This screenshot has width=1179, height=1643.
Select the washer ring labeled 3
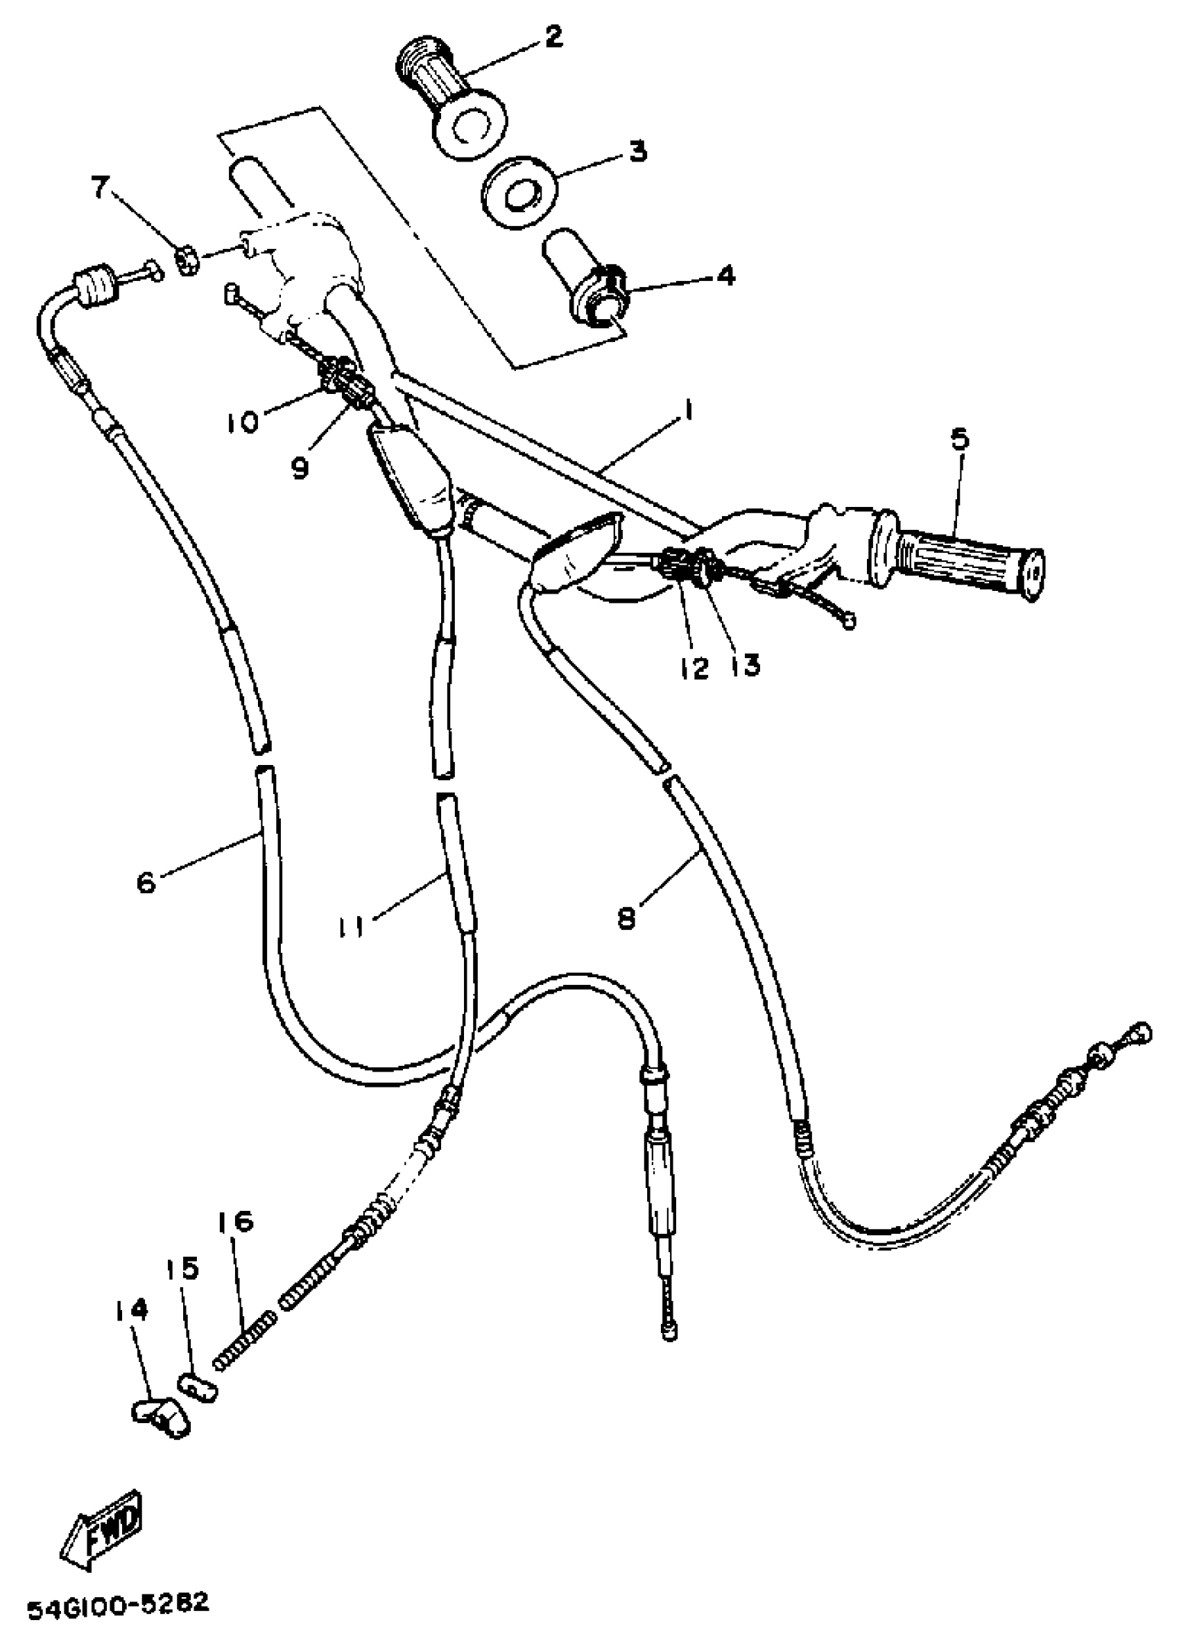tap(520, 193)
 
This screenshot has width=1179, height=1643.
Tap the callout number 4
tap(725, 276)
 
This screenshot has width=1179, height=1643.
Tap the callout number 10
tap(246, 422)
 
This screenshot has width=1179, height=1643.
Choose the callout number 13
tap(746, 664)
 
